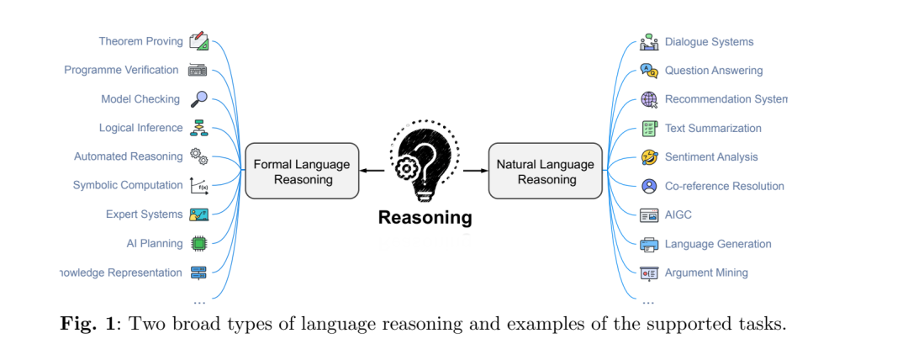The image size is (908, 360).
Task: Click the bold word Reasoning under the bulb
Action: click(x=425, y=218)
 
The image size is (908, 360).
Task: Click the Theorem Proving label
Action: click(x=141, y=41)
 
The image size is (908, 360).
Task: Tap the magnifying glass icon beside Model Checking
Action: click(x=198, y=99)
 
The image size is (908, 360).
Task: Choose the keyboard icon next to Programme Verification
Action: click(x=198, y=71)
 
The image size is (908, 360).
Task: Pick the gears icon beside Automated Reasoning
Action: click(x=198, y=156)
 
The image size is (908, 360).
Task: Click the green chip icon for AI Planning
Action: click(x=198, y=244)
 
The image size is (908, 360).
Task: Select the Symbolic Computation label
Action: click(x=127, y=185)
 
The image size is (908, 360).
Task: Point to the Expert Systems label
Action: click(x=144, y=214)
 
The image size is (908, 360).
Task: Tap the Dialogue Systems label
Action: click(x=709, y=42)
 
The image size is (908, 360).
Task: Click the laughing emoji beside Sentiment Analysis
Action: click(x=649, y=157)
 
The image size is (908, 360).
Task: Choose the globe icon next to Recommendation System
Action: click(x=649, y=99)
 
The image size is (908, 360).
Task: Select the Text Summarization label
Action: click(x=713, y=129)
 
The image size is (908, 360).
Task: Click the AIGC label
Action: click(x=678, y=215)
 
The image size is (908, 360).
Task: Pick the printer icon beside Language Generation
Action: click(x=649, y=245)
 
